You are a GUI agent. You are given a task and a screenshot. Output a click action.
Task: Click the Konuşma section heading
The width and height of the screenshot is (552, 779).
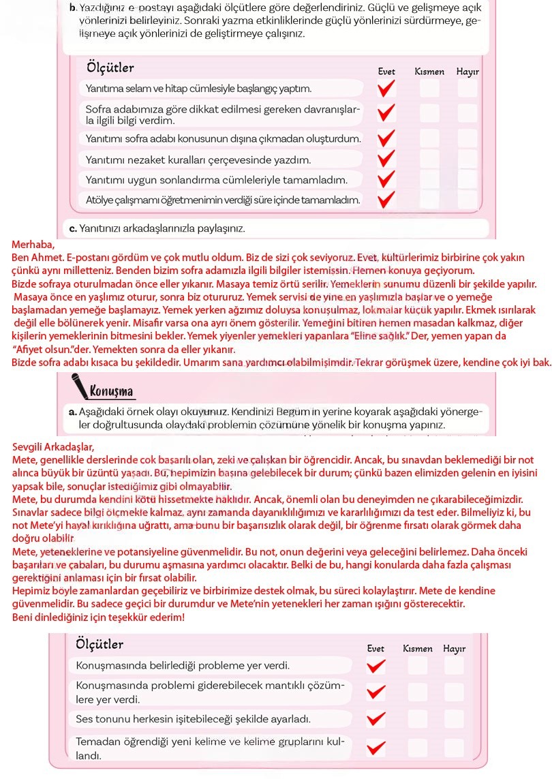pyautogui.click(x=112, y=391)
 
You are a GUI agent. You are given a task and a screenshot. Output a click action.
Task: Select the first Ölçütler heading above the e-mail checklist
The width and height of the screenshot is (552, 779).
pyautogui.click(x=110, y=68)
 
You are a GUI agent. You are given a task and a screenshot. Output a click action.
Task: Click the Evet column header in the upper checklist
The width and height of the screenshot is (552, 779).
pyautogui.click(x=386, y=72)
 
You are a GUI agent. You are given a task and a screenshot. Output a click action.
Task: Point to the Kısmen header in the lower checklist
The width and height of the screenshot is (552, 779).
pyautogui.click(x=417, y=649)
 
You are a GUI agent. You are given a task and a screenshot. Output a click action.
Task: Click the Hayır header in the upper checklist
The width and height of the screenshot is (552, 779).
pyautogui.click(x=467, y=72)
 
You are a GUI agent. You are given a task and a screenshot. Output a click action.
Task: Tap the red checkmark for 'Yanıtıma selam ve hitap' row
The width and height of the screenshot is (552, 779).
pyautogui.click(x=386, y=89)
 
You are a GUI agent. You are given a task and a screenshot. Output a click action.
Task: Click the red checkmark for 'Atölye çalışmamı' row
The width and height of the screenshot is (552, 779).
pyautogui.click(x=386, y=200)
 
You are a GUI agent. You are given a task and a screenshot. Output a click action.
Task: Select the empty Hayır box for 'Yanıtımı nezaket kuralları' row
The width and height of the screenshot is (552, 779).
pyautogui.click(x=467, y=159)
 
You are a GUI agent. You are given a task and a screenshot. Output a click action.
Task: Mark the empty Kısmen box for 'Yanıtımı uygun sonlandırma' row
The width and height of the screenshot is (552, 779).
pyautogui.click(x=429, y=180)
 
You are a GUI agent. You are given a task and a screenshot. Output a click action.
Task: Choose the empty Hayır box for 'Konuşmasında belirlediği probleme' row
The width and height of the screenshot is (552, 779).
pyautogui.click(x=454, y=665)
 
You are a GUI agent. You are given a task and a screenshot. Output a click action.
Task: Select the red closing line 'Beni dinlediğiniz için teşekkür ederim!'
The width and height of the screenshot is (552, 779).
pyautogui.click(x=98, y=617)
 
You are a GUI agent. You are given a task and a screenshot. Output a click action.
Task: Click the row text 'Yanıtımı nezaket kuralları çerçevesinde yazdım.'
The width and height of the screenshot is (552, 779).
pyautogui.click(x=198, y=160)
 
